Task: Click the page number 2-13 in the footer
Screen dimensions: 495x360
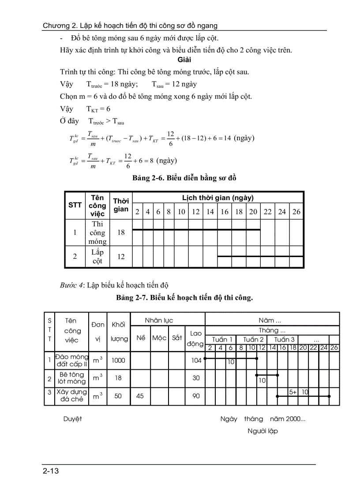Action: pyautogui.click(x=51, y=471)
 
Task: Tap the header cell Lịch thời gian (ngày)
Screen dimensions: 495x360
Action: pyautogui.click(x=218, y=198)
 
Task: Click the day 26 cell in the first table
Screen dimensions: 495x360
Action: pyautogui.click(x=296, y=212)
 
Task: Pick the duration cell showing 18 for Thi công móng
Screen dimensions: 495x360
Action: pyautogui.click(x=121, y=232)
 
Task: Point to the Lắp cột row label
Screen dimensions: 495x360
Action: pyautogui.click(x=97, y=257)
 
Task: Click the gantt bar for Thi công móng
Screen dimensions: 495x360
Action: pyautogui.click(x=196, y=230)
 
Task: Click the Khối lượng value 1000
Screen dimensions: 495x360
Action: pyautogui.click(x=118, y=360)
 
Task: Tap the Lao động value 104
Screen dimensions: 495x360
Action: pyautogui.click(x=196, y=360)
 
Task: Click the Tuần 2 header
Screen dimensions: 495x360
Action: pyautogui.click(x=253, y=339)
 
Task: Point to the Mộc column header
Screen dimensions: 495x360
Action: pyautogui.click(x=159, y=338)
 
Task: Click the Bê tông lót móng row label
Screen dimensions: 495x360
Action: pyautogui.click(x=72, y=378)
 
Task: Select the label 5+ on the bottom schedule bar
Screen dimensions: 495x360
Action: pyautogui.click(x=293, y=391)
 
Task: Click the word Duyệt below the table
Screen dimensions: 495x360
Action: pyautogui.click(x=72, y=419)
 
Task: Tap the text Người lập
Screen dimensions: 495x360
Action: pyautogui.click(x=262, y=431)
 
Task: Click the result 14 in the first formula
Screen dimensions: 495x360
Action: pyautogui.click(x=227, y=138)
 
